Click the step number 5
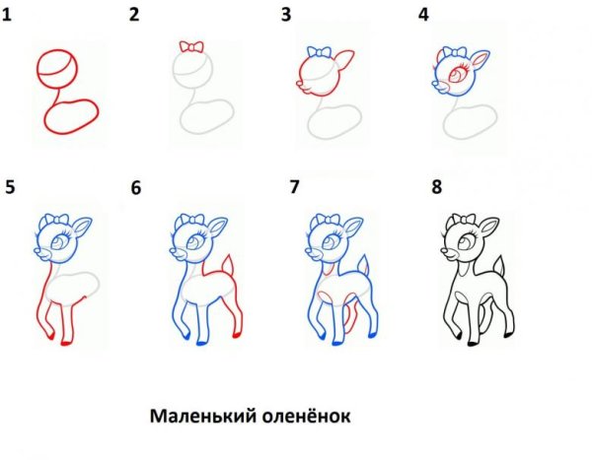click(x=10, y=186)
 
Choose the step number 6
click(x=136, y=188)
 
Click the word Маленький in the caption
click(x=203, y=417)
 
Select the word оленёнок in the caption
click(x=308, y=417)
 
